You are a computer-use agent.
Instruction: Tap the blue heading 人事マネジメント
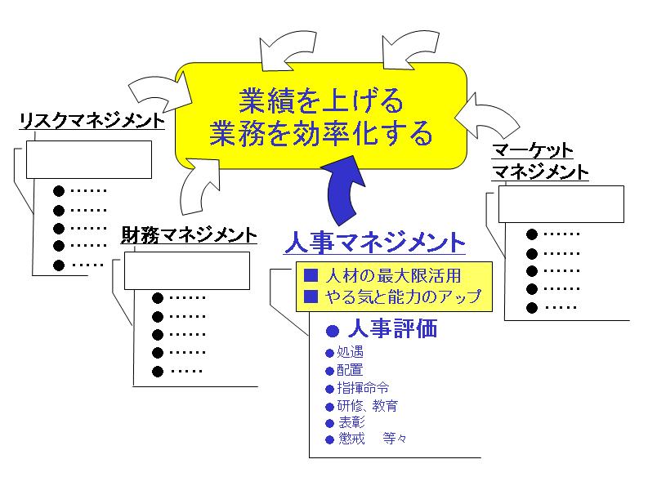(x=376, y=243)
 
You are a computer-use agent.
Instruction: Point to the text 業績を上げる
(x=321, y=101)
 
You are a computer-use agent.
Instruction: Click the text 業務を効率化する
(x=321, y=133)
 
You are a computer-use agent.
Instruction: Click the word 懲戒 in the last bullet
(x=350, y=439)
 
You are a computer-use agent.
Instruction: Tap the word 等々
(x=394, y=439)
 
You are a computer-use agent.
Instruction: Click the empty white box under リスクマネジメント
(x=89, y=159)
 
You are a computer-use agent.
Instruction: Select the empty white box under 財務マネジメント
(x=186, y=270)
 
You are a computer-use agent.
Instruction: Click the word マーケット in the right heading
(x=533, y=151)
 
